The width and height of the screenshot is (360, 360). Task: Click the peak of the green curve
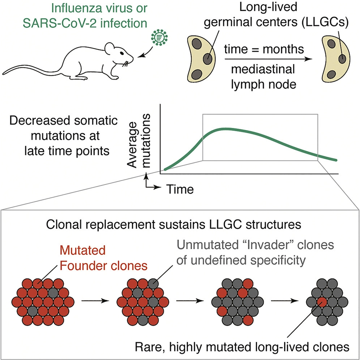pyautogui.click(x=226, y=129)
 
